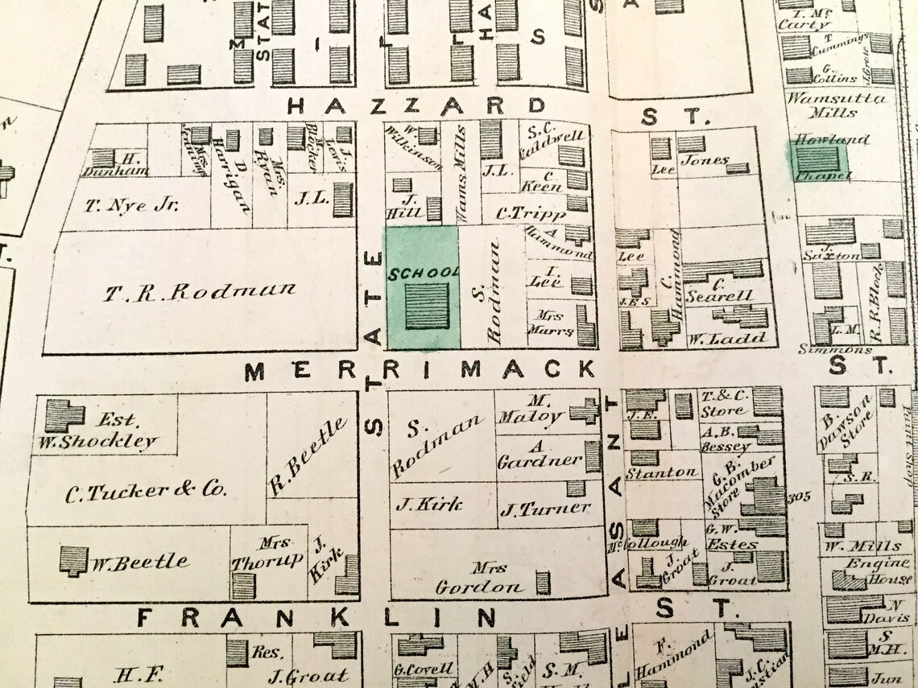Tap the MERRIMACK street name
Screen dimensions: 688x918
click(420, 370)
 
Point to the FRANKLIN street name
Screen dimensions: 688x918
click(316, 618)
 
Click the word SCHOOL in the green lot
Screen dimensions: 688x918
click(423, 273)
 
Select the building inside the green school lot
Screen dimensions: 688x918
click(427, 306)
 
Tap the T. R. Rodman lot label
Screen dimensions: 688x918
click(199, 290)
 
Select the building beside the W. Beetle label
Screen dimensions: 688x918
click(73, 560)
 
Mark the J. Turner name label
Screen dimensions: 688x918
click(545, 509)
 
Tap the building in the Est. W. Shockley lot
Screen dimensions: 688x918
click(63, 415)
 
